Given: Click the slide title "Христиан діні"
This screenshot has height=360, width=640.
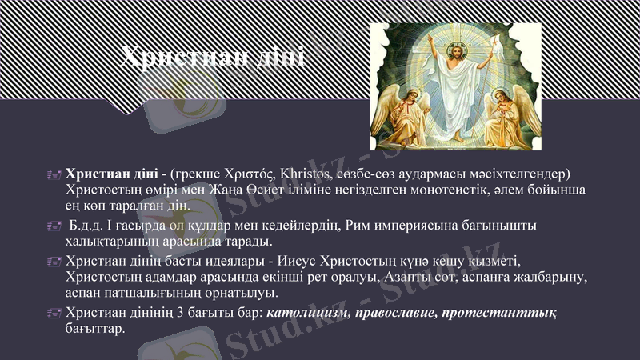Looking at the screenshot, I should [x=212, y=58].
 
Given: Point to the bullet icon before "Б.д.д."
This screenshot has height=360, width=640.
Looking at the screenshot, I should [x=54, y=226].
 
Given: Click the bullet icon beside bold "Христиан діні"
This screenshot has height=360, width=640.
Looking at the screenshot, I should [x=54, y=174].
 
